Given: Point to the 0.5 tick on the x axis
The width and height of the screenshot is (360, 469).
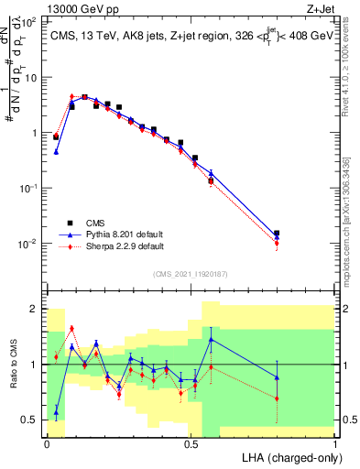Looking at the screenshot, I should (191, 442).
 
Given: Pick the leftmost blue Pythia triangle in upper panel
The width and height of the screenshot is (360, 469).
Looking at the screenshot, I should (56, 152).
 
